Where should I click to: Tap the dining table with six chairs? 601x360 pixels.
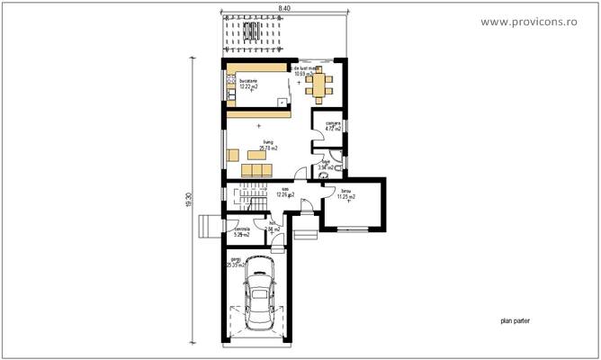pos(319,87)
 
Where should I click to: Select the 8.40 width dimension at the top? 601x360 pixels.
pos(284,7)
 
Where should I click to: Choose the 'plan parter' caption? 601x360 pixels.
pos(516,319)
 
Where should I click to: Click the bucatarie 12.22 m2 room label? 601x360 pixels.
pos(247,84)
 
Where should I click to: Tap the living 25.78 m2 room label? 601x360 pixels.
pos(267,145)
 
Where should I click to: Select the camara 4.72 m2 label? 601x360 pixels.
pos(334,126)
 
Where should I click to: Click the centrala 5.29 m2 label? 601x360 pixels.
pos(240,233)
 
